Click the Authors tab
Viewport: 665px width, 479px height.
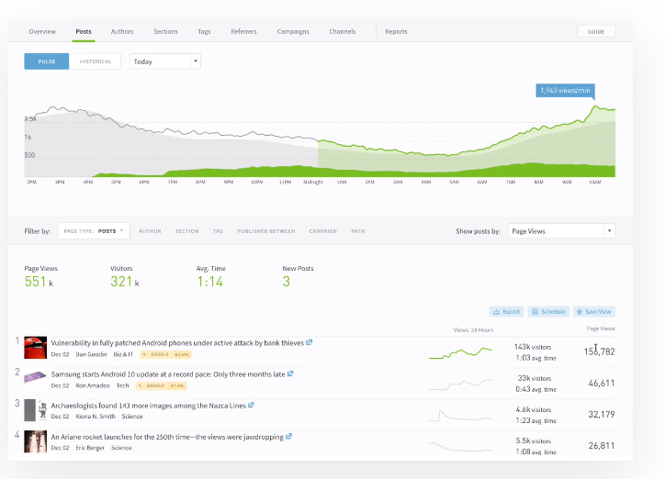tap(122, 31)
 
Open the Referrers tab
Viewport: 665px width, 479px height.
tap(243, 31)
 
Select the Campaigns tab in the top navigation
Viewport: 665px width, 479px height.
tap(293, 31)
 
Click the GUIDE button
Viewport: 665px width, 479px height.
tap(596, 31)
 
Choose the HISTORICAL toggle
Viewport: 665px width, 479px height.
tap(95, 61)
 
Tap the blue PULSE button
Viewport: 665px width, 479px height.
tap(46, 61)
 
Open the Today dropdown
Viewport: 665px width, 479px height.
tap(165, 61)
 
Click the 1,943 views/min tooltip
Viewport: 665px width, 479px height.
tap(564, 90)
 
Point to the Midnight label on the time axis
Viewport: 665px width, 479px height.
tap(313, 183)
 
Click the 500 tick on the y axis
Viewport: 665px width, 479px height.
tap(29, 155)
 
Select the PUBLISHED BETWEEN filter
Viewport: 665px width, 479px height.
tap(266, 231)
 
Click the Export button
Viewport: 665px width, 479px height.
tap(507, 312)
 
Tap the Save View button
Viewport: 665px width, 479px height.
tap(594, 312)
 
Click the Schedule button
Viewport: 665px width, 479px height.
tap(549, 312)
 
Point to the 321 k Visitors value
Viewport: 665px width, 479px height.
tap(123, 283)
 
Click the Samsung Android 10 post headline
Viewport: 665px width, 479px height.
tap(168, 373)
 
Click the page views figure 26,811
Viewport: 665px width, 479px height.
tap(601, 446)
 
